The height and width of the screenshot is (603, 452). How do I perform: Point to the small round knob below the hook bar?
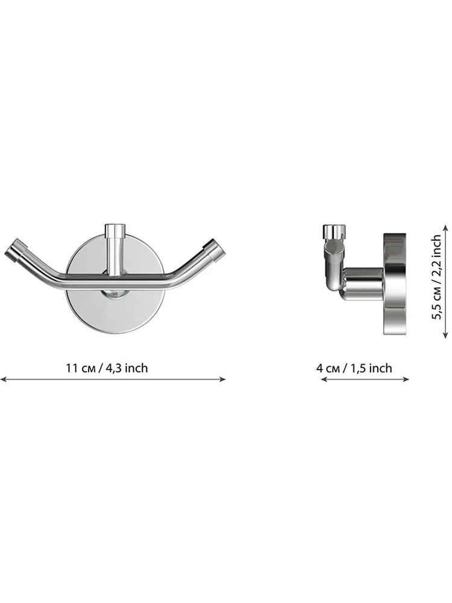pyautogui.click(x=115, y=294)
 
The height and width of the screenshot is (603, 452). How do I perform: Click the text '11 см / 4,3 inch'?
pyautogui.click(x=107, y=368)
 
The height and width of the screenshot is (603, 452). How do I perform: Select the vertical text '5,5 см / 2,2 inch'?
pyautogui.click(x=436, y=277)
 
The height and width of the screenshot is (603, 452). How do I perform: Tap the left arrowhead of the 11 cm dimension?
pyautogui.click(x=3, y=379)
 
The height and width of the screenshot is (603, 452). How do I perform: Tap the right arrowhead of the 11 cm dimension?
pyautogui.click(x=222, y=379)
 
